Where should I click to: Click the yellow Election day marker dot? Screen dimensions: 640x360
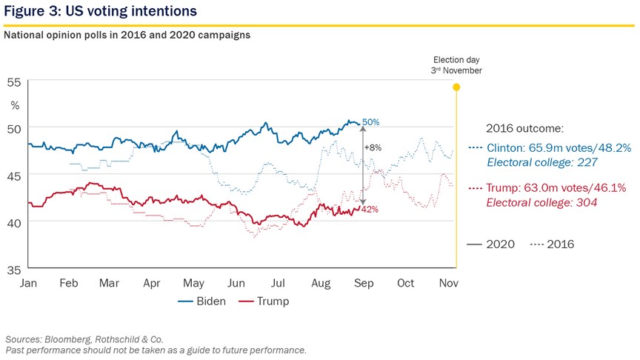pyautogui.click(x=456, y=87)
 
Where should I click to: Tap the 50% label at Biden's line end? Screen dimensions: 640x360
pyautogui.click(x=370, y=122)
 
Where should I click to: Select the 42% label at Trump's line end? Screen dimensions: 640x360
pyautogui.click(x=370, y=210)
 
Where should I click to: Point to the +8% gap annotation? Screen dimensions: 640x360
pyautogui.click(x=373, y=147)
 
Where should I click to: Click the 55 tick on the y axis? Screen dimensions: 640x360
pyautogui.click(x=13, y=82)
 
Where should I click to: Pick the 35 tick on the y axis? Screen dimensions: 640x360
pyautogui.click(x=13, y=270)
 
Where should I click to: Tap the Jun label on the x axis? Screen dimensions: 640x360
pyautogui.click(x=236, y=283)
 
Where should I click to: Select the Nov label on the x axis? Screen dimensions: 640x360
pyautogui.click(x=449, y=283)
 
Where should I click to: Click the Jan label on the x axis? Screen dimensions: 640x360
pyautogui.click(x=28, y=283)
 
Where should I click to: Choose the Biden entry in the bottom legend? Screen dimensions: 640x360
pyautogui.click(x=202, y=301)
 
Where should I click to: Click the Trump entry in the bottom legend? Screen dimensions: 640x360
pyautogui.click(x=264, y=301)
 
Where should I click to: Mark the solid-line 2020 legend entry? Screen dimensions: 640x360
pyautogui.click(x=490, y=244)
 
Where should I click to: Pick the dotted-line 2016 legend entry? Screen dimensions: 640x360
pyautogui.click(x=553, y=244)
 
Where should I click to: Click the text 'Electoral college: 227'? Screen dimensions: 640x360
pyautogui.click(x=542, y=162)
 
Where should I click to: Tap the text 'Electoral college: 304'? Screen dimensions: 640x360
pyautogui.click(x=541, y=203)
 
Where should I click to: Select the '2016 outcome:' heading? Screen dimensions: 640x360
pyautogui.click(x=524, y=129)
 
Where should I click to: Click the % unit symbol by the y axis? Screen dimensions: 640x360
pyautogui.click(x=15, y=106)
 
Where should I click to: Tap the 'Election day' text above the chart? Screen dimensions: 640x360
pyautogui.click(x=456, y=60)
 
